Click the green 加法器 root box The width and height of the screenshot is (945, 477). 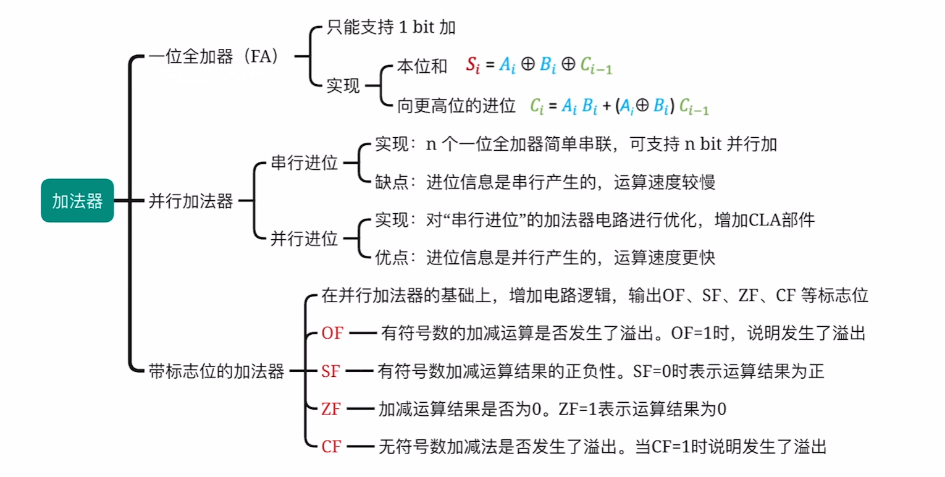point(77,201)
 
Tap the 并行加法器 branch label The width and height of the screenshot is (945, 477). point(191,201)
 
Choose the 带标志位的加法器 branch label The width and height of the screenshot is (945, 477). point(217,371)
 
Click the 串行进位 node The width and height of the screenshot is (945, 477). point(304,163)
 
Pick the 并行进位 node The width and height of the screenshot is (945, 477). point(304,238)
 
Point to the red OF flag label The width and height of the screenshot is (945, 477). point(332,334)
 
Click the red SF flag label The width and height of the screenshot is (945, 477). point(331,371)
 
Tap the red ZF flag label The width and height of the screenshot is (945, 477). point(331,408)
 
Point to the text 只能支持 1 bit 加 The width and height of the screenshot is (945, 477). point(393,28)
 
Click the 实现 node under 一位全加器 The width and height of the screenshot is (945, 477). point(343,87)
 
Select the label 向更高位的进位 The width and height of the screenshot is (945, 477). point(456,106)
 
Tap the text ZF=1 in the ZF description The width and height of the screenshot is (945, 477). point(580,408)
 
